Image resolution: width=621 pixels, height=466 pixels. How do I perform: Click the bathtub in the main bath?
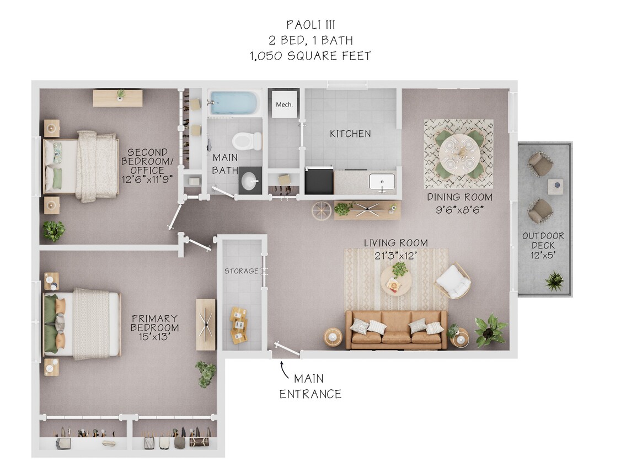pyautogui.click(x=234, y=103)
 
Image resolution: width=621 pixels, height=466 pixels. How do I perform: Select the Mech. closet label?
pyautogui.click(x=284, y=104)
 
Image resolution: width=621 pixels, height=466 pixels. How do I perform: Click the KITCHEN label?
pyautogui.click(x=350, y=134)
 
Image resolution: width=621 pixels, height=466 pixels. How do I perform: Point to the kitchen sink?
pyautogui.click(x=382, y=182)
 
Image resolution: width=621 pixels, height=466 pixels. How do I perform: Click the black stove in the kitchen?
pyautogui.click(x=319, y=181)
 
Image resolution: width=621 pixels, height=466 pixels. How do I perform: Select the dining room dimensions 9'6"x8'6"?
pyautogui.click(x=459, y=210)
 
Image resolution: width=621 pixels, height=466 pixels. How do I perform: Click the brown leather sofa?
pyautogui.click(x=396, y=330)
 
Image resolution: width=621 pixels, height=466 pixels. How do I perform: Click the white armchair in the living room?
pyautogui.click(x=453, y=281)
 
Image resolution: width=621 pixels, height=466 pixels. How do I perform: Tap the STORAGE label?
pyautogui.click(x=241, y=271)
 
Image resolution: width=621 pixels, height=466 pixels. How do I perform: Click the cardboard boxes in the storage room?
pyautogui.click(x=239, y=325)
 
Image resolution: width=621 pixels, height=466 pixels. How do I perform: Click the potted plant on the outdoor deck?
pyautogui.click(x=554, y=280)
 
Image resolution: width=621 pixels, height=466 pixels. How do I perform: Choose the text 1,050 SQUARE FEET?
pyautogui.click(x=310, y=56)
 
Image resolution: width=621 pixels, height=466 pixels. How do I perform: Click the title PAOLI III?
pyautogui.click(x=310, y=25)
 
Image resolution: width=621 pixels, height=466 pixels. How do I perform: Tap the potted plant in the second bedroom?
pyautogui.click(x=53, y=231)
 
